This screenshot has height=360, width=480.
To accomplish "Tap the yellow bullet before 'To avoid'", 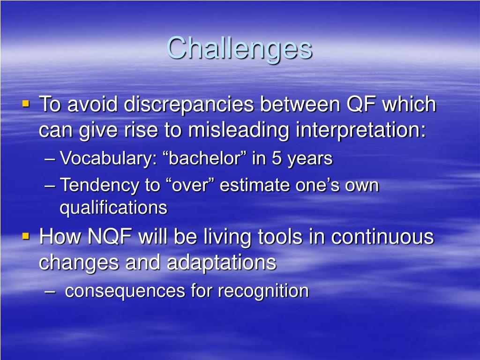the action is (26, 104).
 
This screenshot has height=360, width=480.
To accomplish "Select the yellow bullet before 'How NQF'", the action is (26, 236).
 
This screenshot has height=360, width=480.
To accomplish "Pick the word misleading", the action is (239, 131).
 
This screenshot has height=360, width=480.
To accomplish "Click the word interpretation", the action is (361, 131).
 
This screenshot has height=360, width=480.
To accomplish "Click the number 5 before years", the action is (277, 158).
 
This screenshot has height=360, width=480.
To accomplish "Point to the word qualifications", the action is (113, 208).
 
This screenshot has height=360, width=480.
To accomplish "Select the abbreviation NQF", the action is (110, 237).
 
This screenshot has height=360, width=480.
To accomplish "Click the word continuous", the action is (382, 237).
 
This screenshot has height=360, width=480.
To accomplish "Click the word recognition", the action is (263, 291).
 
